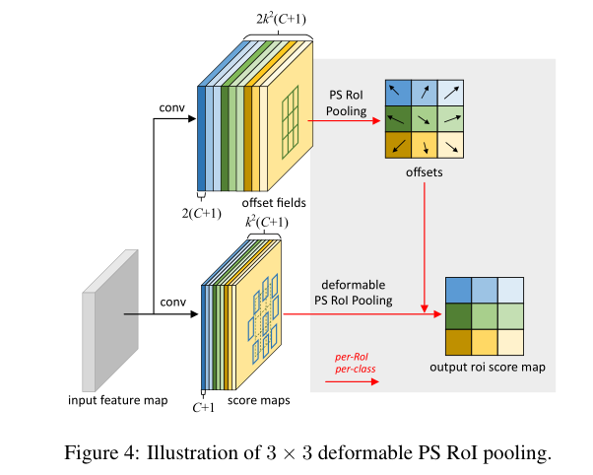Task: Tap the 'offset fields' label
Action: click(274, 202)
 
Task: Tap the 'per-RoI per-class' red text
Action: click(356, 363)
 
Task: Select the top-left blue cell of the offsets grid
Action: click(397, 93)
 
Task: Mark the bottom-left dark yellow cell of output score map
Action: click(458, 341)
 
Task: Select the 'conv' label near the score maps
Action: click(172, 302)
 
